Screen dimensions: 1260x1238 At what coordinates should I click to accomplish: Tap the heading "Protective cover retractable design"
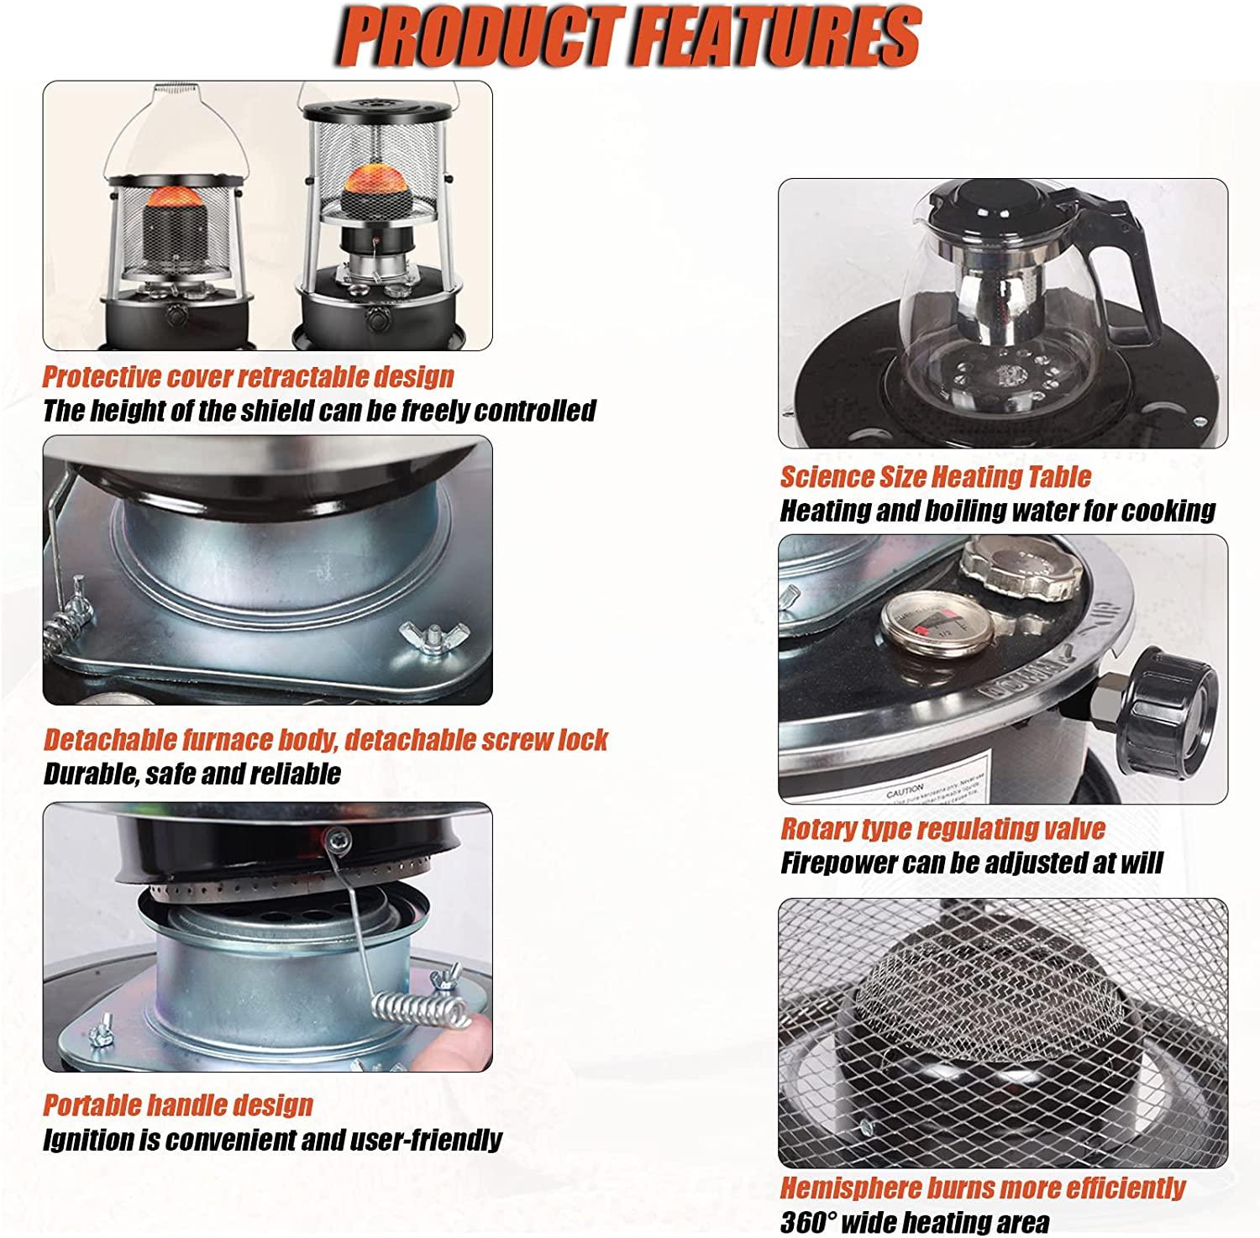pos(248,376)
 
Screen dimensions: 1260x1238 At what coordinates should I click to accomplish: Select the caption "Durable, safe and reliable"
pos(192,773)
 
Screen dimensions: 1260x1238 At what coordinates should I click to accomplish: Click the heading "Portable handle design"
pos(177,1104)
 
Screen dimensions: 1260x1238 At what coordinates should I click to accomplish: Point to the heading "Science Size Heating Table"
pos(936,476)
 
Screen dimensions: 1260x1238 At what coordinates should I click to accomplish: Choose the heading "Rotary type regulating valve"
pos(942,829)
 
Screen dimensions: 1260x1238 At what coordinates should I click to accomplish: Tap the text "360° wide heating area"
pos(915,1222)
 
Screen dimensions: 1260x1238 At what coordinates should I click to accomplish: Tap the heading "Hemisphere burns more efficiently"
pos(982,1188)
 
